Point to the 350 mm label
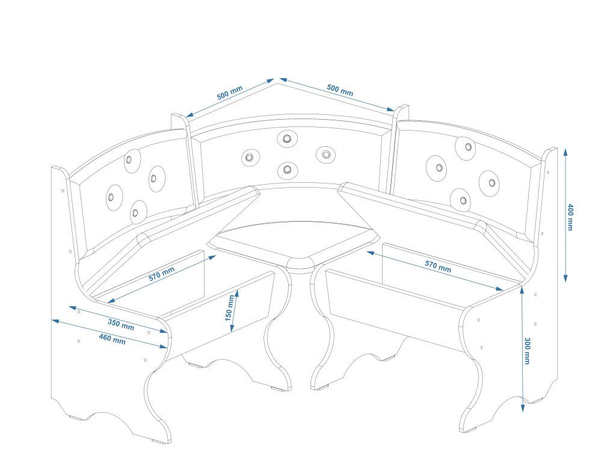tap(121, 324)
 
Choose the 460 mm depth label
tap(112, 339)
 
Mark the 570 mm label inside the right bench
tap(438, 265)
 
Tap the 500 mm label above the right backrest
tap(340, 90)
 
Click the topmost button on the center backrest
tap(286, 139)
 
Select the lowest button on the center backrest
tap(288, 169)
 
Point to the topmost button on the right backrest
tap(467, 146)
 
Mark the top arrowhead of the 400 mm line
tap(565, 151)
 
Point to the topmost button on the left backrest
tap(129, 161)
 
